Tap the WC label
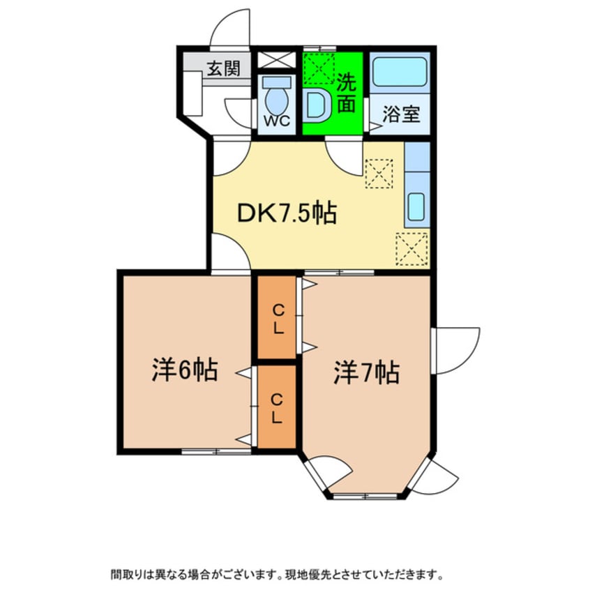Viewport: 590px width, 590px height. tap(276, 121)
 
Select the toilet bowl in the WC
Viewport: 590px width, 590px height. tap(277, 97)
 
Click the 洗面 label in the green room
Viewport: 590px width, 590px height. tap(347, 93)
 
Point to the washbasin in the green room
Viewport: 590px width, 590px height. tap(317, 106)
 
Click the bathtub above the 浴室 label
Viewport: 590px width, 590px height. tap(400, 73)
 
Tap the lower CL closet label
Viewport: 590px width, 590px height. tap(277, 409)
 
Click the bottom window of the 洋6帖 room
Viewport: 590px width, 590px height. tap(216, 451)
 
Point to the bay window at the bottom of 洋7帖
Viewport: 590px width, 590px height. tap(366, 496)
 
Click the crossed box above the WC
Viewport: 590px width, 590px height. tap(277, 59)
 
